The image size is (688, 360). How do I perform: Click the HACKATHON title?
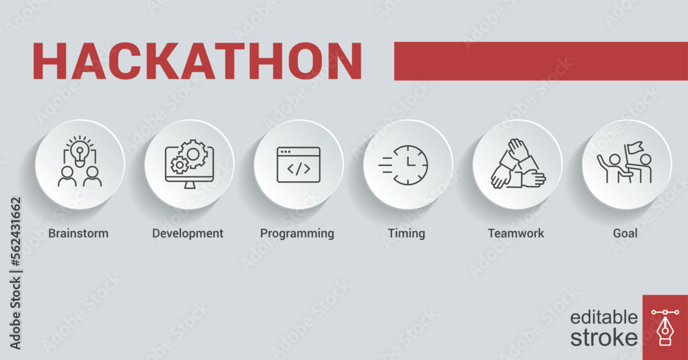click(x=197, y=61)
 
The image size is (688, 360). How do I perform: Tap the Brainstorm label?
click(x=78, y=233)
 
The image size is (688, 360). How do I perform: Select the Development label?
click(x=188, y=233)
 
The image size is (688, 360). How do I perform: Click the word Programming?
click(x=297, y=233)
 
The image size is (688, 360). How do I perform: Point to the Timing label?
click(x=407, y=233)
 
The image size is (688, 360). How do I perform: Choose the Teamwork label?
click(x=516, y=233)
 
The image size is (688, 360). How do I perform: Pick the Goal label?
click(x=625, y=233)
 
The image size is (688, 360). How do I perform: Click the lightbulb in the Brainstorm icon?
click(x=80, y=149)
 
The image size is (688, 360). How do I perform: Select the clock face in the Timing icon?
click(x=411, y=165)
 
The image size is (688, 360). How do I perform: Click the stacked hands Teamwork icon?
click(x=517, y=165)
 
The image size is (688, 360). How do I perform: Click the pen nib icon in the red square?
click(x=665, y=328)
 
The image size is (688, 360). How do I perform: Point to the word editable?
click(x=603, y=317)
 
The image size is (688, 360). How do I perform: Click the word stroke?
click(x=603, y=337)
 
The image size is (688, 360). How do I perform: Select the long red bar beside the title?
click(x=541, y=61)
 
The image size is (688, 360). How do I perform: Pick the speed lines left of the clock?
click(x=385, y=165)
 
